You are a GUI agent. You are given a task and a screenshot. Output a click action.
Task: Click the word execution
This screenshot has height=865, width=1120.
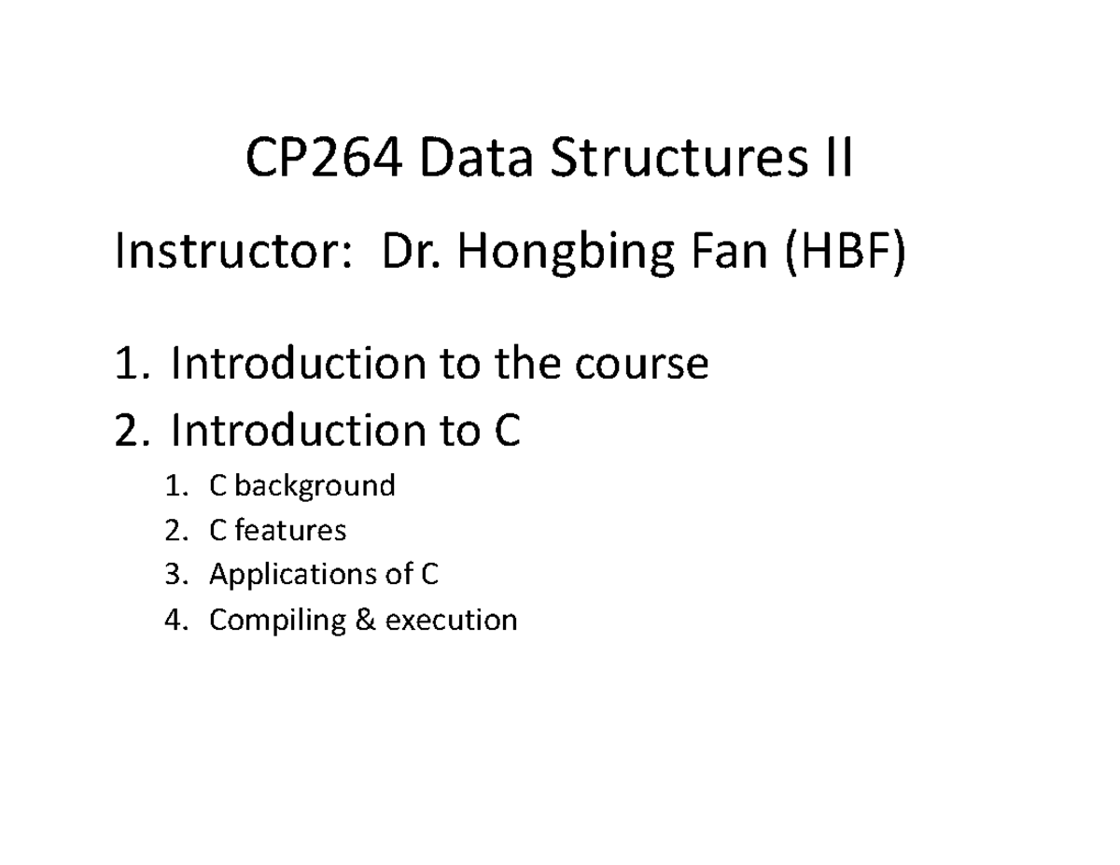tap(450, 620)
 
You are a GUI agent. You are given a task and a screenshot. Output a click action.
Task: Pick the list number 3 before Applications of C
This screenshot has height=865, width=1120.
tap(170, 575)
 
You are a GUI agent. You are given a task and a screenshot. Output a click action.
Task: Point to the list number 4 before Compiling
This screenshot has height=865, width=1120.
tap(170, 620)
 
